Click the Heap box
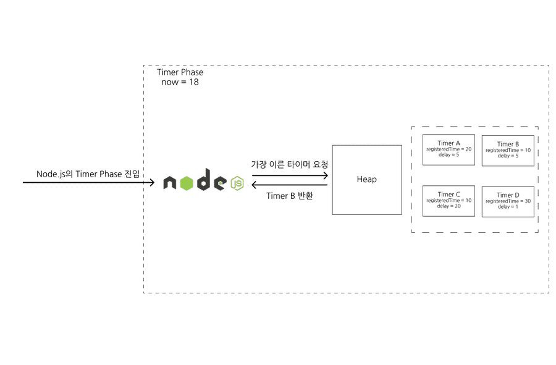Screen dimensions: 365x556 366,180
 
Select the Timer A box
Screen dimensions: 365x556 449,149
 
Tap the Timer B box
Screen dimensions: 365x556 508,150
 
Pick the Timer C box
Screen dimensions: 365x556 449,201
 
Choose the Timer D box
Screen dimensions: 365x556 508,201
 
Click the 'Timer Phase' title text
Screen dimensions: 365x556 180,72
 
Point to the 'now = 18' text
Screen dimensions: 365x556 180,82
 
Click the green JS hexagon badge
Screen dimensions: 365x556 237,183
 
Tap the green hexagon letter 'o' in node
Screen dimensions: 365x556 187,183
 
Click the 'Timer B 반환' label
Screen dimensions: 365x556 290,196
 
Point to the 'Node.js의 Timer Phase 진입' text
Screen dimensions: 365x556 87,174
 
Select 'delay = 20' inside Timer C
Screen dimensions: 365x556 449,206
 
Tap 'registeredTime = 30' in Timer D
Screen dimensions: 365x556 508,201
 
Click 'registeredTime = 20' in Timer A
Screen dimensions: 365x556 449,149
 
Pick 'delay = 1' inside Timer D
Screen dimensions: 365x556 508,207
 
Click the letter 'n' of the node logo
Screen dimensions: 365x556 170,183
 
